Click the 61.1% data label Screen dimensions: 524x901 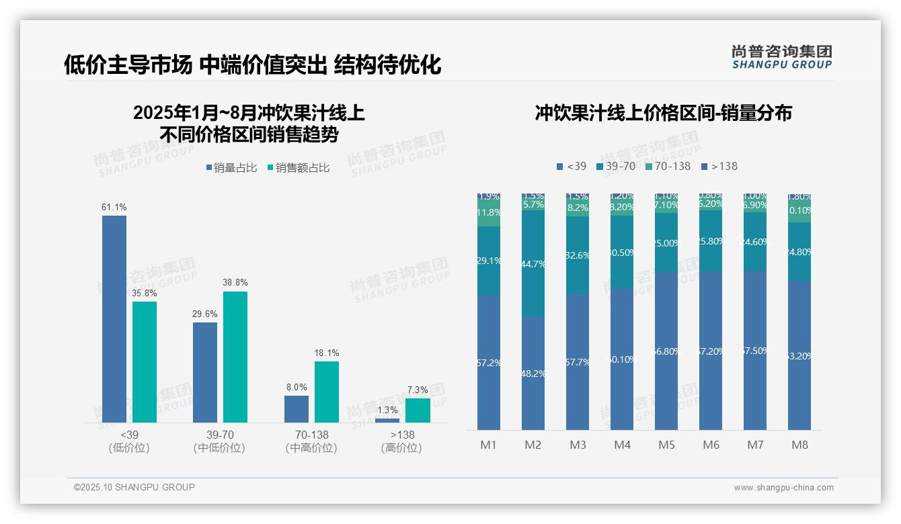click(114, 208)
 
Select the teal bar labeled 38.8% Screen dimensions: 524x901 click(235, 357)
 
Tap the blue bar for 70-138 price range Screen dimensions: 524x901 click(297, 409)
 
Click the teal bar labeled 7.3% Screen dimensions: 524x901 click(418, 410)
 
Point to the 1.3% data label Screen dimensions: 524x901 click(387, 410)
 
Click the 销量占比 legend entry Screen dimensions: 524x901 click(231, 168)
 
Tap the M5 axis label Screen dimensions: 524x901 click(666, 445)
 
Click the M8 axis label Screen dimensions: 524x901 click(799, 445)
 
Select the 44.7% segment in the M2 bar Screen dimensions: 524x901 click(533, 264)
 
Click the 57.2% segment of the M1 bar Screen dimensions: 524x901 click(489, 363)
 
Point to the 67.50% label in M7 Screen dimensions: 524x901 click(755, 351)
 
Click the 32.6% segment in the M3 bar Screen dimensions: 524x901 click(578, 255)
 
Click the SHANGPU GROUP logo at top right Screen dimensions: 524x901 click(781, 57)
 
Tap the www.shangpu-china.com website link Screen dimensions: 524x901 click(783, 488)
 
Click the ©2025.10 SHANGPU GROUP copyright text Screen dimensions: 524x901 click(134, 488)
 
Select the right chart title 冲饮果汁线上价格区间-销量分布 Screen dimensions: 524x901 click(663, 113)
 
